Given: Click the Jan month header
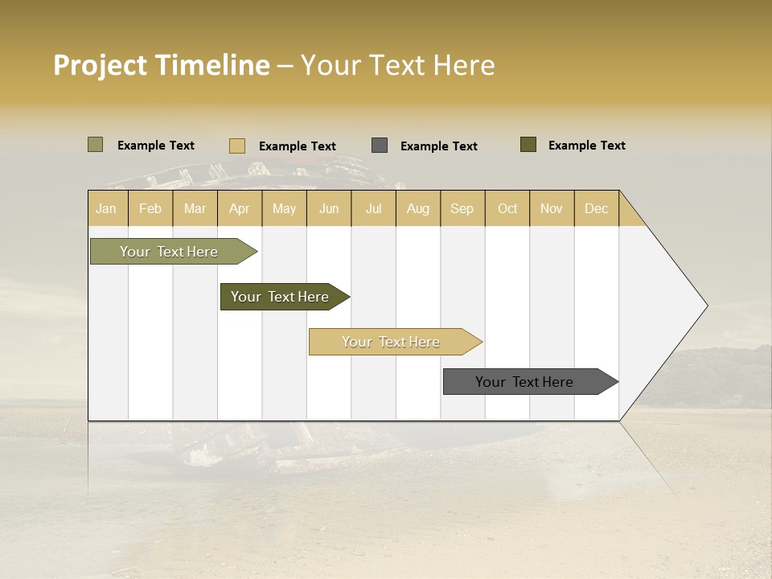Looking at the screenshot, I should point(107,208).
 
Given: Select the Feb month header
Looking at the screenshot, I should point(150,208).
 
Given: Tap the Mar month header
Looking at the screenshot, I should point(195,208).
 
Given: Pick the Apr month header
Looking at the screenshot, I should point(240,208).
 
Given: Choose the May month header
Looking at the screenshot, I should point(284,208).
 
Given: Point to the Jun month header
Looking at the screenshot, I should point(329,208).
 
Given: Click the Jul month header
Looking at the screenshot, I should point(373,208).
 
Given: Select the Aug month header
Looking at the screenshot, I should point(418,208).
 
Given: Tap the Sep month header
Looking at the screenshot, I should point(462,208).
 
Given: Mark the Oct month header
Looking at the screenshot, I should point(507,208).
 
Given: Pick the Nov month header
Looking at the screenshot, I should point(552,208).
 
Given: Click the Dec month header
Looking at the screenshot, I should point(597,208).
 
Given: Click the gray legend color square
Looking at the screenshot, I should point(380,146).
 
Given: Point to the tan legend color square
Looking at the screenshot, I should point(237,146).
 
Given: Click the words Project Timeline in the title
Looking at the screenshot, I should point(162,65).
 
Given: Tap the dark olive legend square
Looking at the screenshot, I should point(528,145).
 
